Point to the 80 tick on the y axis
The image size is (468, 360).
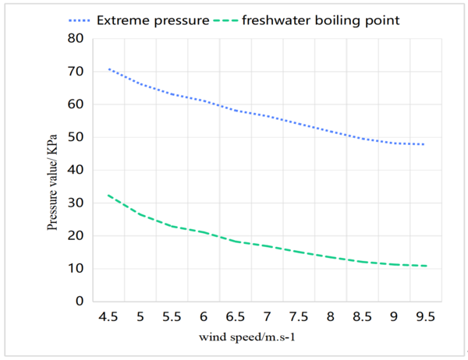coord(76,38)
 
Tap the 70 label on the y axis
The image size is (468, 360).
coord(76,71)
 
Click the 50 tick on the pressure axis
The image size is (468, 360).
coord(76,137)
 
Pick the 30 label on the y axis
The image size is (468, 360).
coord(76,203)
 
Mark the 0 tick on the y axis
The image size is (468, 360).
coord(80,302)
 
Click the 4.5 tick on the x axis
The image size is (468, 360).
coord(108,317)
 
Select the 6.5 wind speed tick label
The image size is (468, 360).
coord(235,317)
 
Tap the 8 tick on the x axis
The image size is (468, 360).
coord(330,317)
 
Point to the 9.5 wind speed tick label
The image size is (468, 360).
coord(424,317)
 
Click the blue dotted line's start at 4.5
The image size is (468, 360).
coord(108,69)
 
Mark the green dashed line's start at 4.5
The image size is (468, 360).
coord(108,195)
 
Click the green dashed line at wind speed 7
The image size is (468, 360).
coord(267,245)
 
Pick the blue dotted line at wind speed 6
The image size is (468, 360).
coord(204,101)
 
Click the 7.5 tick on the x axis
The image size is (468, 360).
coord(298,317)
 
